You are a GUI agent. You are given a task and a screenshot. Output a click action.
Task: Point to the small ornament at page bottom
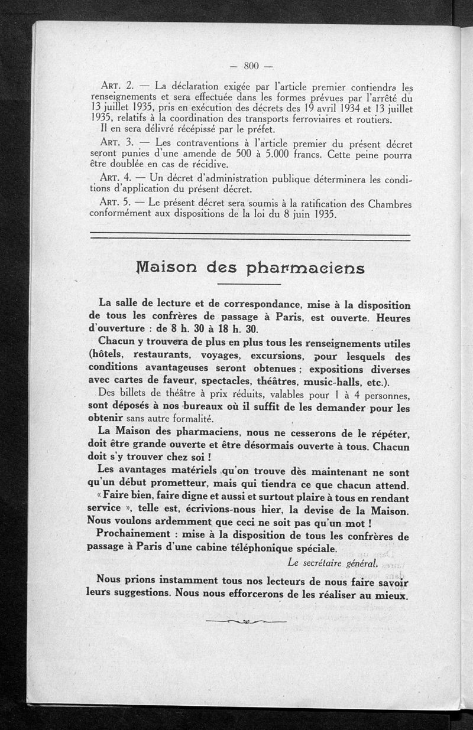(x=246, y=621)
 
